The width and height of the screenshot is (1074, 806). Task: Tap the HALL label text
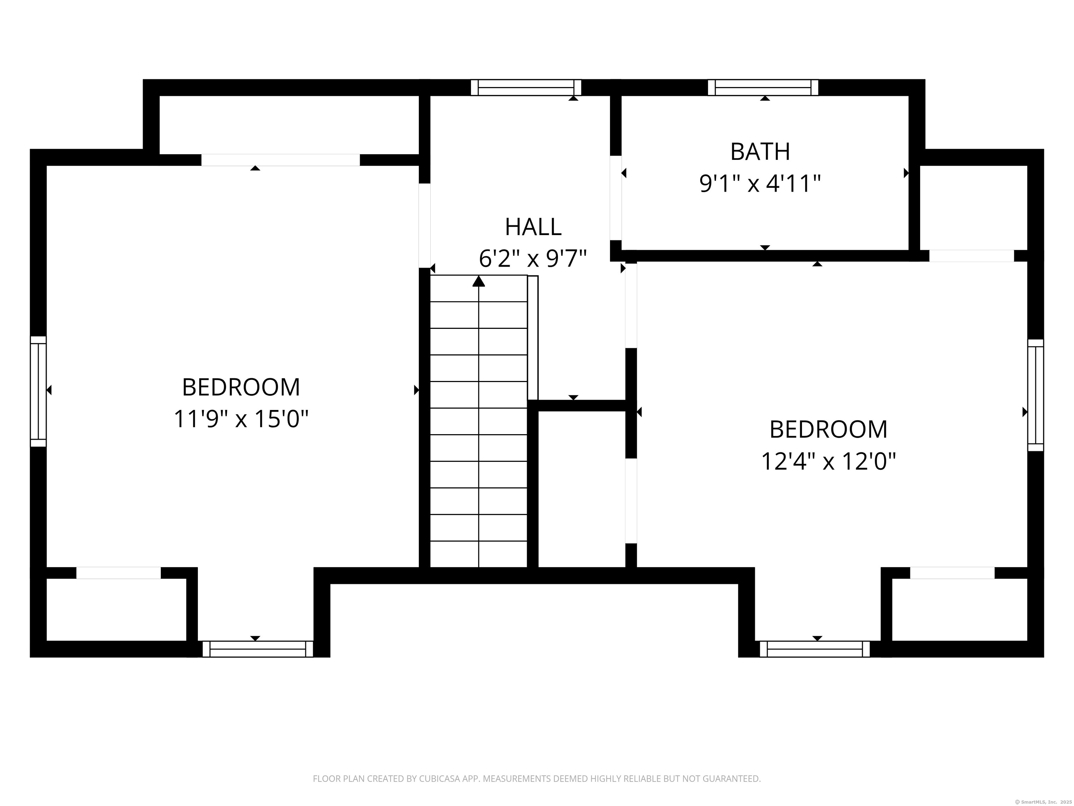click(x=533, y=227)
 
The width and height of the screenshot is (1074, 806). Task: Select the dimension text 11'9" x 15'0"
click(x=241, y=419)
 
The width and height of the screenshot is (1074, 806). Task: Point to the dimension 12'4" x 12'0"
click(x=828, y=461)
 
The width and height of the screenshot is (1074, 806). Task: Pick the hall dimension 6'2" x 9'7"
click(x=533, y=259)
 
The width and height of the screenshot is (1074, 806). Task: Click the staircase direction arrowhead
click(x=479, y=281)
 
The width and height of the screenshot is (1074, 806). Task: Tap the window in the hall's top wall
click(x=526, y=87)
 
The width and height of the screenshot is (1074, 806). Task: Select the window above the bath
click(x=763, y=87)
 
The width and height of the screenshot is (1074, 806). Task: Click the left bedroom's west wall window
click(x=38, y=391)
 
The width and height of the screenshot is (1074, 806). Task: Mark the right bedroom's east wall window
click(x=1036, y=395)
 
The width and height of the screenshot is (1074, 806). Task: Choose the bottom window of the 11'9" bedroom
click(x=258, y=649)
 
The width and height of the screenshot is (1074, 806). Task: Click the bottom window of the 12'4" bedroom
click(x=815, y=649)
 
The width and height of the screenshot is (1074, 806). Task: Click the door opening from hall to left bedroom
click(x=425, y=225)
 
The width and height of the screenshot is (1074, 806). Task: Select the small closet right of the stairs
click(x=582, y=489)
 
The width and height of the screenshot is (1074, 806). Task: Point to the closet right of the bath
click(x=973, y=207)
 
